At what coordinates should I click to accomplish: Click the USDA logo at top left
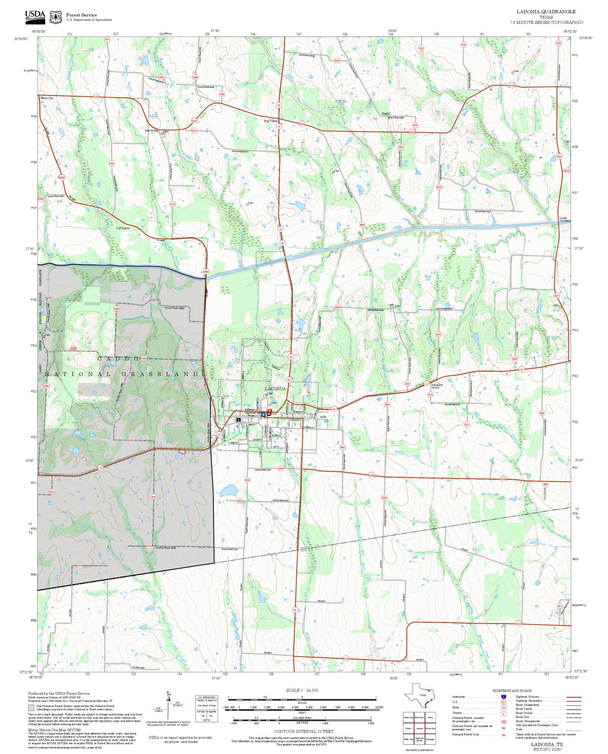point(35,17)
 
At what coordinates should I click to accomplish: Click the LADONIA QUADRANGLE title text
point(546,12)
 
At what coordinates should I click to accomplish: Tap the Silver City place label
point(47,98)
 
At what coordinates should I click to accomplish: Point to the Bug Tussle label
point(271,121)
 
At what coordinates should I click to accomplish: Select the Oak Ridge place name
point(152,131)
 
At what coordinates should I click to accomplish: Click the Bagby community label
point(386,114)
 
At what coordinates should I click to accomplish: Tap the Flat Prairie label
point(123,228)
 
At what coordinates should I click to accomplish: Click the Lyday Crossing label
point(565,219)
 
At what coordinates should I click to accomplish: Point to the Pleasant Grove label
point(437,386)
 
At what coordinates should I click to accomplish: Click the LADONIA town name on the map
point(275,388)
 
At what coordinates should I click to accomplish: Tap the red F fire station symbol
point(270,411)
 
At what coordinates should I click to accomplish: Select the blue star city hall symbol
point(263,415)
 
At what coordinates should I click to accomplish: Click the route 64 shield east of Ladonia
point(334,409)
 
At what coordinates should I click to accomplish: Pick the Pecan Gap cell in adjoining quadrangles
point(430,728)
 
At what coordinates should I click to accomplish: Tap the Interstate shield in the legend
point(503,697)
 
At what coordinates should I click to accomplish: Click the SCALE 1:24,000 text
point(302,690)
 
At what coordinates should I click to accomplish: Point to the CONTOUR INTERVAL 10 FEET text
point(304,731)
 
